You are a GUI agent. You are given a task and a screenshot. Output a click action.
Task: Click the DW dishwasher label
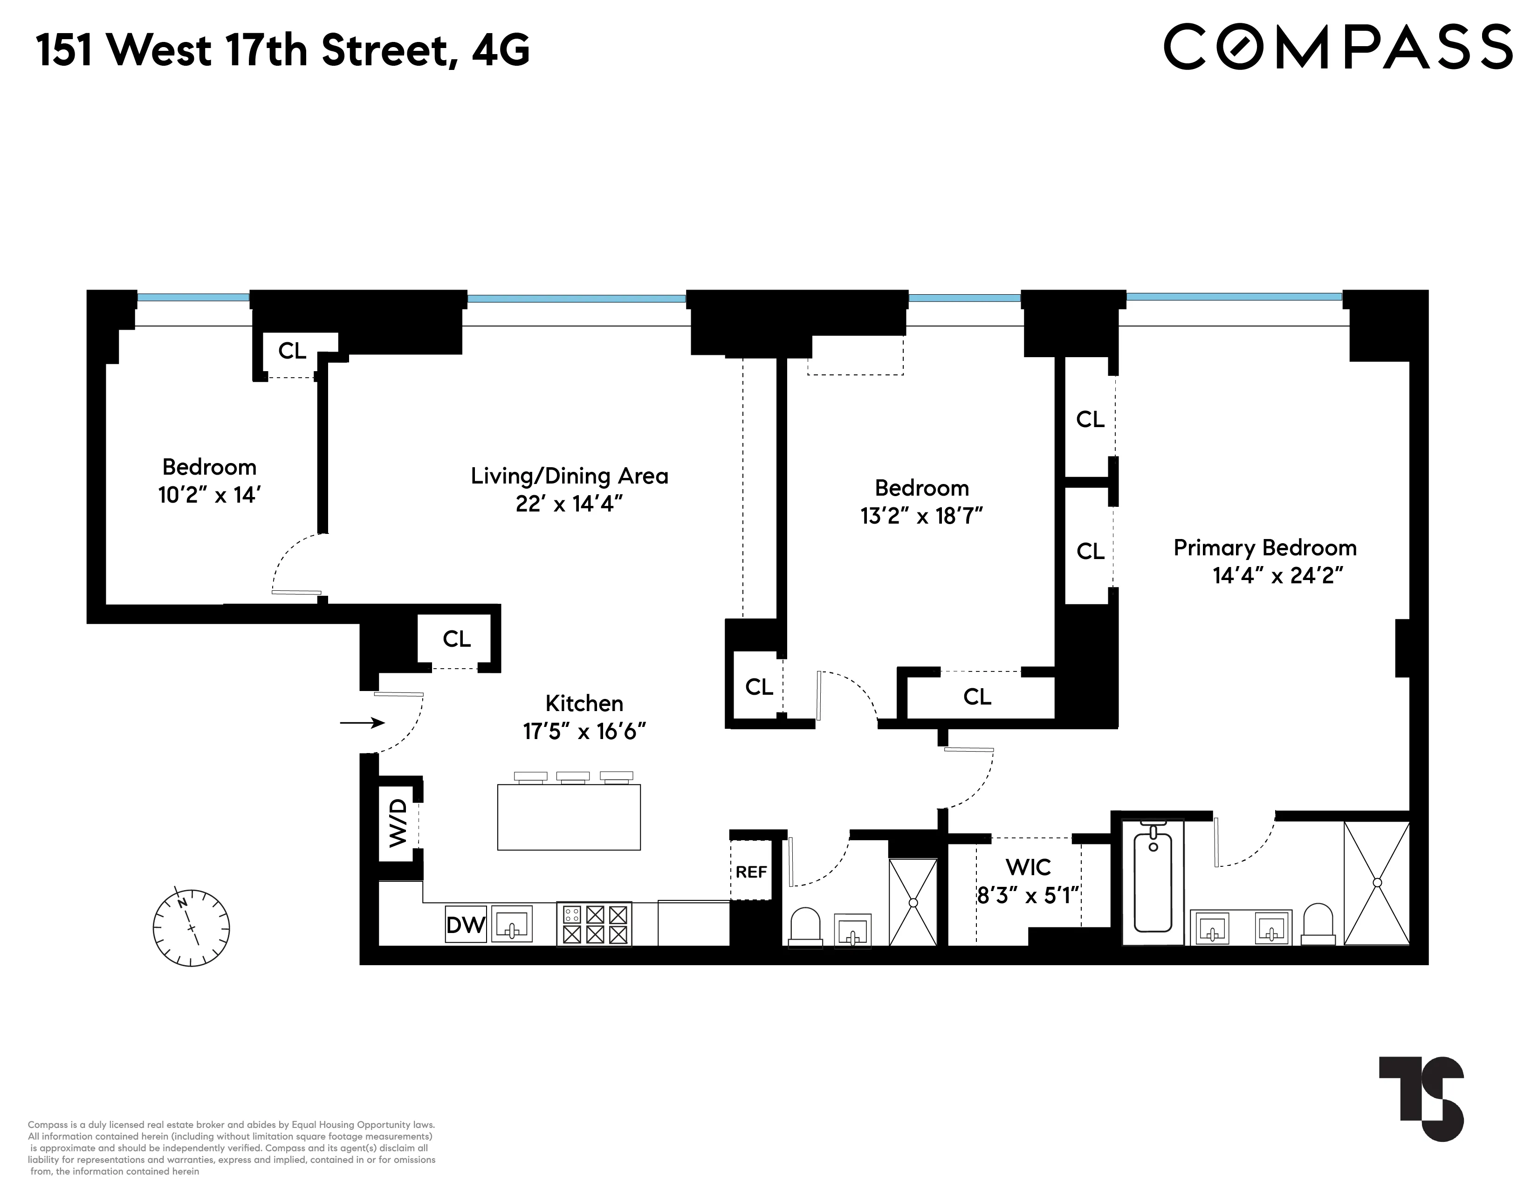point(466,924)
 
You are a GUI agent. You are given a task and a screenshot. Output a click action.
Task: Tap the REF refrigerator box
point(751,871)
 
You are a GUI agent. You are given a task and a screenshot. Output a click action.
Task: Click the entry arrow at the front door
point(362,723)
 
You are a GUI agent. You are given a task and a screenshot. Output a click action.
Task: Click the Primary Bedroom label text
point(1265,548)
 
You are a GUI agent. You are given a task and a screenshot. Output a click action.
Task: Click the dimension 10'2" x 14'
point(209,495)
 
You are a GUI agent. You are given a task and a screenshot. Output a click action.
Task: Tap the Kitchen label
point(584,703)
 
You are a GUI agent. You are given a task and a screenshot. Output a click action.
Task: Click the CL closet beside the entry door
point(456,639)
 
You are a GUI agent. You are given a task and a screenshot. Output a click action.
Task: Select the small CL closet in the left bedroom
point(292,351)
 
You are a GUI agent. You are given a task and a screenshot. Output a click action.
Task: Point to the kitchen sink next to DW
point(512,923)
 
